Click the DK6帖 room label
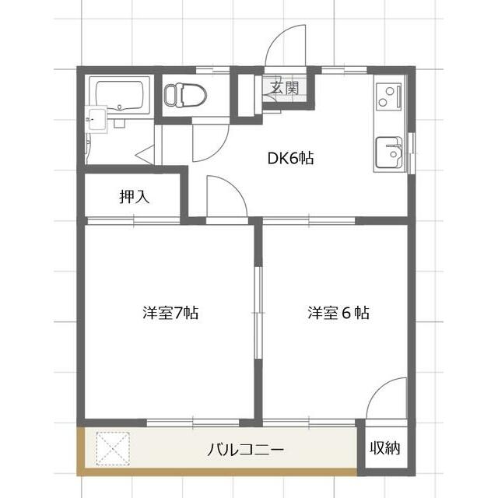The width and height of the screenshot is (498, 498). [291, 158]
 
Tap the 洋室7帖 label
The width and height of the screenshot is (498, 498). [170, 314]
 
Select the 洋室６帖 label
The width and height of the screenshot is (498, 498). [337, 314]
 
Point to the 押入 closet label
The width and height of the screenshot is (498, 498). [134, 197]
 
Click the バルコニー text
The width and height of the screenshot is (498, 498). [245, 450]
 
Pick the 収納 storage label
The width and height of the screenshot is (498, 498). [385, 449]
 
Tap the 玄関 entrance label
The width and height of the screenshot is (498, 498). [285, 89]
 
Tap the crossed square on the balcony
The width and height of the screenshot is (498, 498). [113, 450]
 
